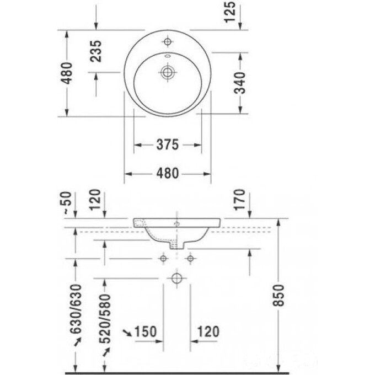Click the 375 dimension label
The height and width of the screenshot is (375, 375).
(168, 144)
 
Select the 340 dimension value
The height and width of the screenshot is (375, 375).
(240, 83)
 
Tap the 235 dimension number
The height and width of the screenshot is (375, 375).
(96, 51)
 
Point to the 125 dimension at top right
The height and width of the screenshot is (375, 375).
(230, 12)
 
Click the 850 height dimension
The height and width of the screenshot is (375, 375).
(278, 296)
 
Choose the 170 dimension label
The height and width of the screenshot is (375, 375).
(240, 200)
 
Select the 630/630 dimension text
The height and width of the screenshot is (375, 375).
(77, 309)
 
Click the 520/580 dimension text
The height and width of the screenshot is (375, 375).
(105, 319)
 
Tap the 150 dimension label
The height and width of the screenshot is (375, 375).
(146, 331)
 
